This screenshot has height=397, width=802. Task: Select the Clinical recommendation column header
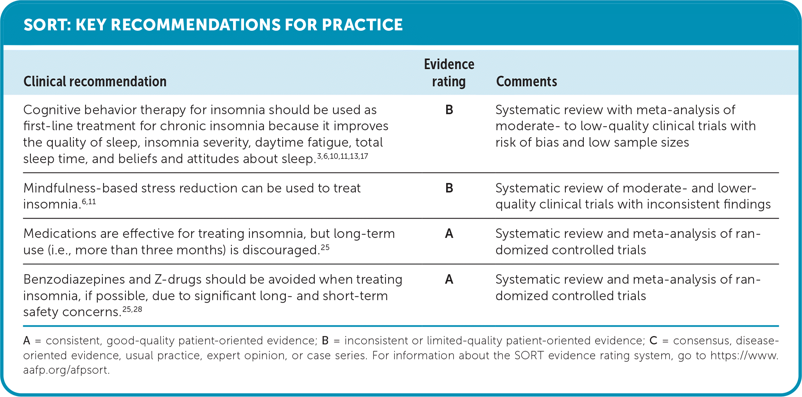click(95, 81)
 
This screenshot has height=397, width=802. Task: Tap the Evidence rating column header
click(449, 73)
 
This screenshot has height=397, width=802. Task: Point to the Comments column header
click(526, 81)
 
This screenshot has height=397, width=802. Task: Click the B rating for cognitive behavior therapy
click(449, 110)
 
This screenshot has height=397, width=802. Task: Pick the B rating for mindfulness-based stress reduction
click(449, 188)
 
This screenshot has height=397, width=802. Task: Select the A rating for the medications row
click(449, 234)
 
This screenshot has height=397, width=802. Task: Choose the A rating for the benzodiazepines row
click(449, 280)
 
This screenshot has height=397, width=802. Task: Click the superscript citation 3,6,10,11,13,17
click(343, 157)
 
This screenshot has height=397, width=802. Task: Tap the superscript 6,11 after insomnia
click(89, 202)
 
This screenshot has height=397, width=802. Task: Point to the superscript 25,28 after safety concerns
click(132, 310)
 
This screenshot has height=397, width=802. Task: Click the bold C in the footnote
click(653, 341)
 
